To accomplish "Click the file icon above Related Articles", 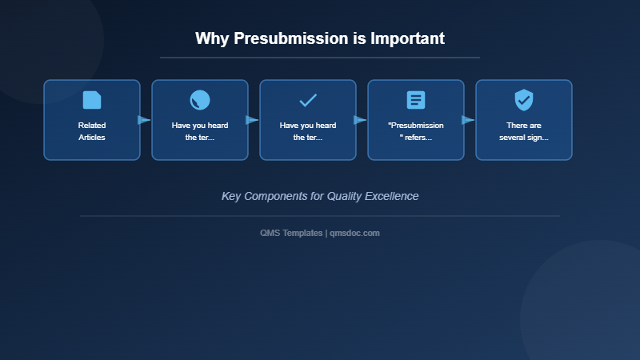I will tap(92, 100).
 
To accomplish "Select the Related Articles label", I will tap(92, 131).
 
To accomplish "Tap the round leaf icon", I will tap(200, 100).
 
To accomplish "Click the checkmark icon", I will tap(308, 100).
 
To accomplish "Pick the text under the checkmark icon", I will tap(308, 131).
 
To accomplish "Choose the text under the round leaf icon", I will tap(200, 131).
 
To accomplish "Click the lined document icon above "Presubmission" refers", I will tap(416, 100).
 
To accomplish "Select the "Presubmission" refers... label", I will tap(416, 131).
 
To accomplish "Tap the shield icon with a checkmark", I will tap(524, 100).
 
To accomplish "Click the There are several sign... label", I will tap(524, 131).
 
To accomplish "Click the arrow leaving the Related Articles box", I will tap(144, 120).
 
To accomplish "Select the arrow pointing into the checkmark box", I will tap(252, 120).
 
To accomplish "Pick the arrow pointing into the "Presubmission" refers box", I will tap(360, 120).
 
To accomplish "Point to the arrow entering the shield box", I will tap(468, 120).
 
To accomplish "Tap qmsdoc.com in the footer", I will tap(354, 233).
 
